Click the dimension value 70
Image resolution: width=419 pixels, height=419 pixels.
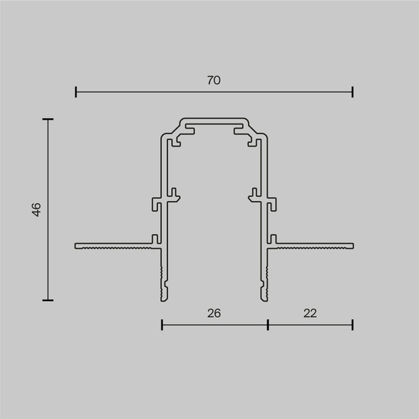click(x=214, y=80)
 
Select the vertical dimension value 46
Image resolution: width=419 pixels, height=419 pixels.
click(x=37, y=209)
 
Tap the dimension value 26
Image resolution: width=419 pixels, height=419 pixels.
click(x=214, y=314)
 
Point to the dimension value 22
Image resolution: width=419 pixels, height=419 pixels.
click(x=310, y=314)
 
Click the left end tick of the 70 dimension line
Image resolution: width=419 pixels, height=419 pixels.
click(x=76, y=91)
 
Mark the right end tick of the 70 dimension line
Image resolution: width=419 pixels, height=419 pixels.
click(x=353, y=91)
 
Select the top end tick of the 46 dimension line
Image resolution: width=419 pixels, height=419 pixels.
click(x=47, y=120)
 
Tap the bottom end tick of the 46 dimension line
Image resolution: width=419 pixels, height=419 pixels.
click(x=47, y=300)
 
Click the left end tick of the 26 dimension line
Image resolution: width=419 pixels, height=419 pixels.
click(x=162, y=324)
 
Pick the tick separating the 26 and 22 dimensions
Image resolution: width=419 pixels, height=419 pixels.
click(x=268, y=324)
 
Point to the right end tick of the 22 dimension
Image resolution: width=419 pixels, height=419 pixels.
click(x=353, y=324)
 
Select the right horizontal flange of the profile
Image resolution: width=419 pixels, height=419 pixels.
click(x=314, y=246)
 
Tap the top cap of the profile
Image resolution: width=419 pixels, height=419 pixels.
click(x=214, y=121)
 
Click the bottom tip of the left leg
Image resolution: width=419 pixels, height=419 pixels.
click(x=165, y=297)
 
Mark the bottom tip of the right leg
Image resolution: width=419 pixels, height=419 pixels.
click(x=265, y=297)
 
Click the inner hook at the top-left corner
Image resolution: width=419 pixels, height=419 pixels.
click(x=173, y=142)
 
